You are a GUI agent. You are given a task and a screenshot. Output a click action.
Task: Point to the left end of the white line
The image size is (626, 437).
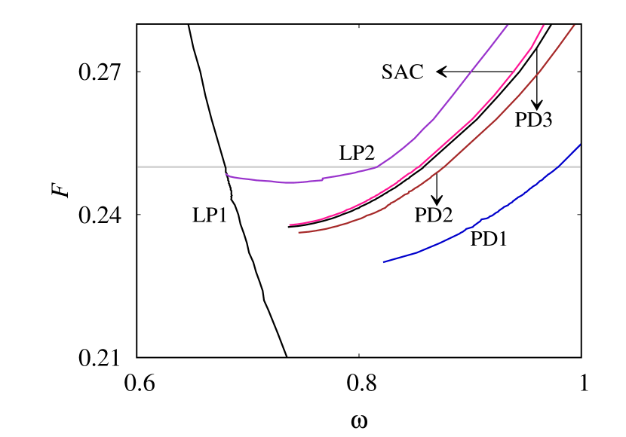click(138, 167)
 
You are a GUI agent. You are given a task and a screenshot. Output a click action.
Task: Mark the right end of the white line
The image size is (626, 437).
click(580, 167)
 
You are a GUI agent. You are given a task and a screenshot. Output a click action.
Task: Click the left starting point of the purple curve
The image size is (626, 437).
click(226, 174)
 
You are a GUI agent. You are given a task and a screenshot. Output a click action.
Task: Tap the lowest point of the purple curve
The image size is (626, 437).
click(290, 182)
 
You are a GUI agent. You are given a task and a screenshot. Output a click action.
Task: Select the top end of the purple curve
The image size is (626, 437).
click(508, 25)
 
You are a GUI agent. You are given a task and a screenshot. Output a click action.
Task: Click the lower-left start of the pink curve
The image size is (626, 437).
click(290, 225)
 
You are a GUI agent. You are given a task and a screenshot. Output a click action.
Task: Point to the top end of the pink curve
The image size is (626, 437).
click(544, 25)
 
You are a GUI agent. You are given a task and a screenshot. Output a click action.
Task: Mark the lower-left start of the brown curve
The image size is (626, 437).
click(299, 232)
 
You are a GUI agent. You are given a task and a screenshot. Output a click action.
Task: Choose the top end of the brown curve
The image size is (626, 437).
click(575, 25)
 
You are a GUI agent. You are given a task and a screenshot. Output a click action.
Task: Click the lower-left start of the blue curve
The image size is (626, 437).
click(384, 262)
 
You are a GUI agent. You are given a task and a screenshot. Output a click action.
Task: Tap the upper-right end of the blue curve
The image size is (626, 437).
click(580, 145)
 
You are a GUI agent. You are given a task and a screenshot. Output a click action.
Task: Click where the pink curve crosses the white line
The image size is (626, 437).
click(421, 167)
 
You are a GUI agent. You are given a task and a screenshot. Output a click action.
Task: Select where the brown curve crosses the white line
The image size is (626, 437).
click(445, 167)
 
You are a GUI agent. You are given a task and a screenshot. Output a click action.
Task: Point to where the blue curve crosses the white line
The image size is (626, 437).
click(558, 167)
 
